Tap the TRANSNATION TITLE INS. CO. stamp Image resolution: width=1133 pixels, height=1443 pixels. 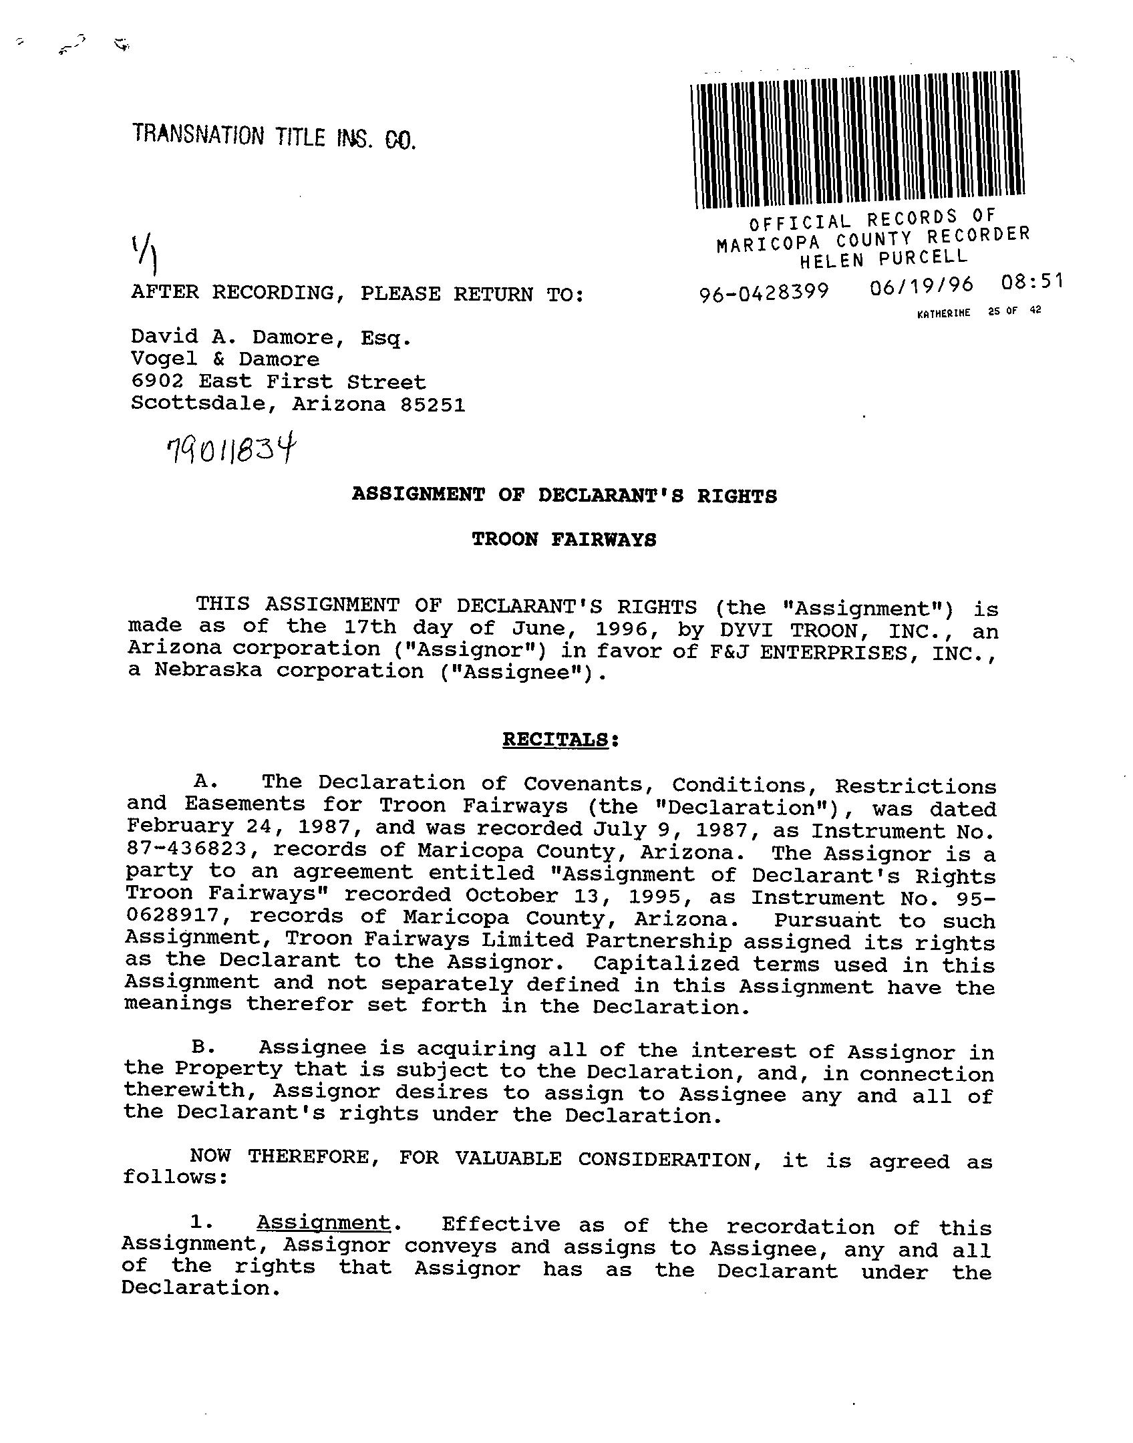[274, 136]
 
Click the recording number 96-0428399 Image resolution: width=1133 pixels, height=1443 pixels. [764, 292]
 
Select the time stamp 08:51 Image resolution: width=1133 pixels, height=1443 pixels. [1031, 281]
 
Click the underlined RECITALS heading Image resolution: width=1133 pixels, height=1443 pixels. [555, 740]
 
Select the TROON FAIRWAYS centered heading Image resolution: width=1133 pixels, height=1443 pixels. [564, 539]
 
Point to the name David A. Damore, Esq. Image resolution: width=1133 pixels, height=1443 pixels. [271, 337]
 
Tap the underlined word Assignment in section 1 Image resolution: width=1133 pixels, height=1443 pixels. [323, 1223]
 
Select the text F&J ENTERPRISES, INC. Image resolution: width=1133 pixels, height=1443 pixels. [848, 652]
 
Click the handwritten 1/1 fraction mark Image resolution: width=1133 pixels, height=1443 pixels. [148, 255]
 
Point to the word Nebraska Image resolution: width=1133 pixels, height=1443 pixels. [208, 670]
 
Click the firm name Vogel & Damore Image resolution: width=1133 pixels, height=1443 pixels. [225, 359]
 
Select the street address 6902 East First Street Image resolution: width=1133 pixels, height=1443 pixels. [278, 382]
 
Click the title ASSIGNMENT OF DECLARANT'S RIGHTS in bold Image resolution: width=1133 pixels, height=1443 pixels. [564, 495]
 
